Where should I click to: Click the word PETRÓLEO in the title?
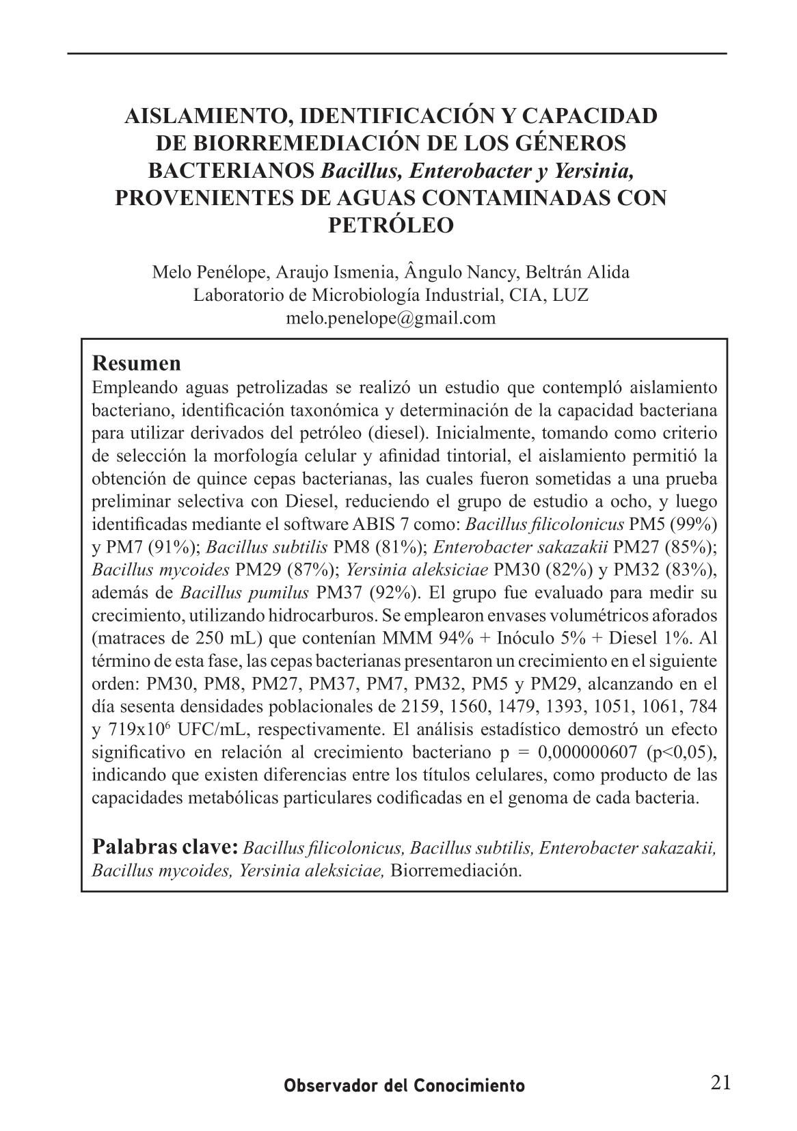point(391,225)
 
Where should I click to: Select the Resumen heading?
point(137,362)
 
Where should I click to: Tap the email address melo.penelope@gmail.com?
point(390,317)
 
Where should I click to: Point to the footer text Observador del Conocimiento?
point(405,1085)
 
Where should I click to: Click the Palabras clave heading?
point(165,847)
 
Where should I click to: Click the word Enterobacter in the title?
point(465,170)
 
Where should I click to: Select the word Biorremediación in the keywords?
point(456,871)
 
